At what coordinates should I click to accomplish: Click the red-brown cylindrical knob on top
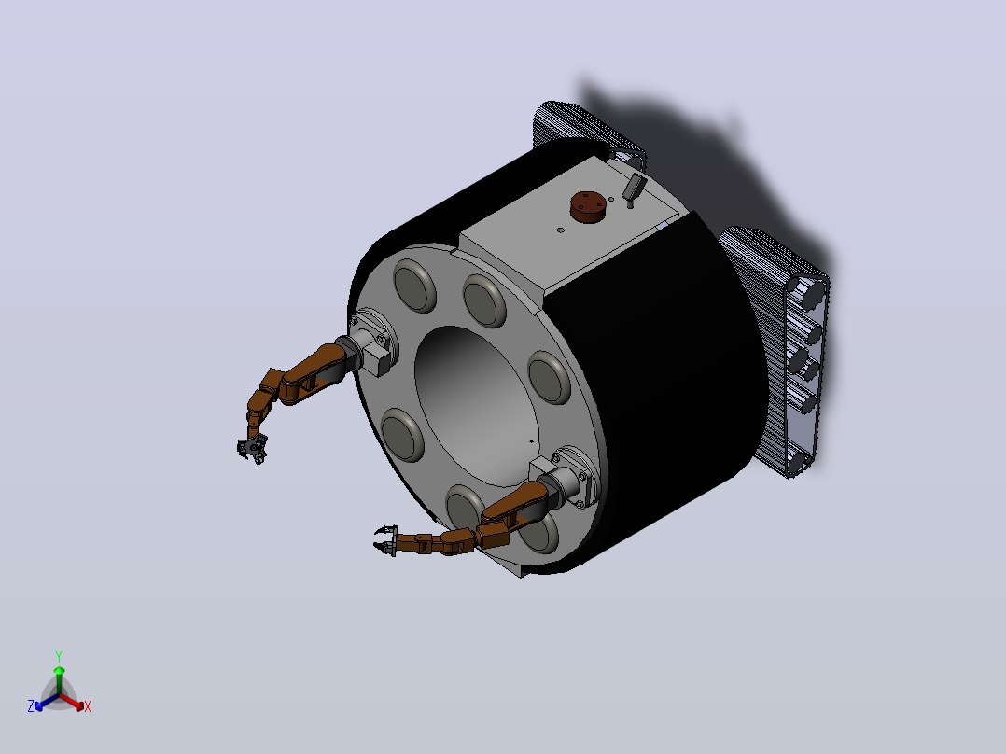(x=588, y=206)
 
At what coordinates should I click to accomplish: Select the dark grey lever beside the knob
(x=634, y=188)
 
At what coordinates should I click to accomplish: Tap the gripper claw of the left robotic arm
(x=253, y=447)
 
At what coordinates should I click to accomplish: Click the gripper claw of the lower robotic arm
(x=385, y=539)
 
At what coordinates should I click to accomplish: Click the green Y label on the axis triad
(x=59, y=656)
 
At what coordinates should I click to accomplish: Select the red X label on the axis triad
(x=88, y=706)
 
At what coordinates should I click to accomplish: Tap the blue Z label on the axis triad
(x=31, y=705)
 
